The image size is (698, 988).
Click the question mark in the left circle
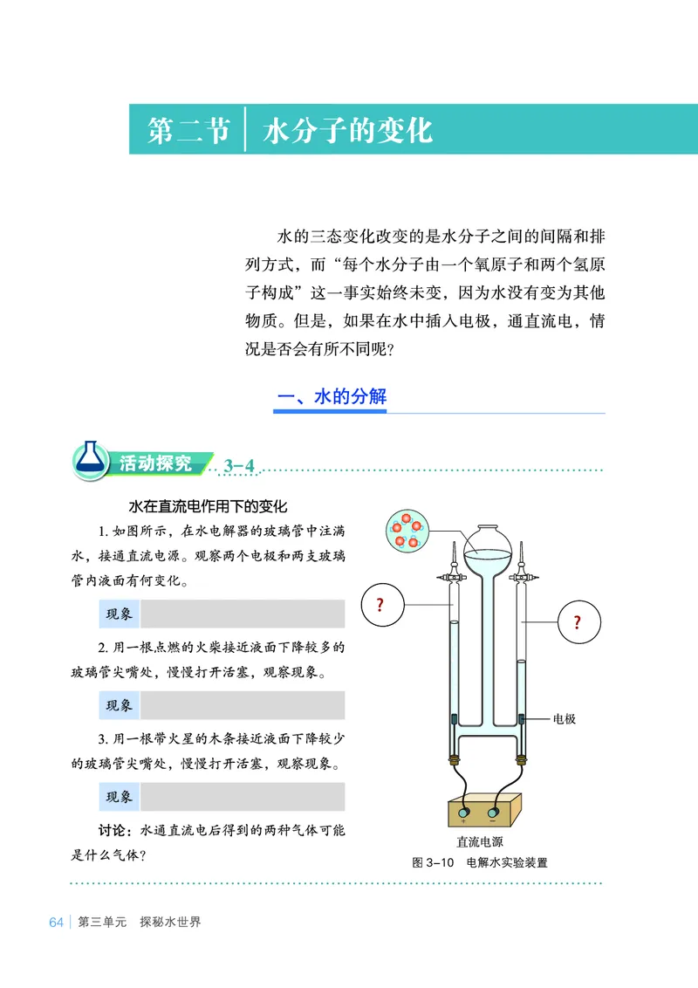coord(380,605)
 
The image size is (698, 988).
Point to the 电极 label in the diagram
coord(565,719)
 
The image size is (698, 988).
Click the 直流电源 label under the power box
coord(479,842)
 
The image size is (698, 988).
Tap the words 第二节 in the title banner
coord(188,130)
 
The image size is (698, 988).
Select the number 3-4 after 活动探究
coord(239,465)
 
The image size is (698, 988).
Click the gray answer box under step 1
coord(242,614)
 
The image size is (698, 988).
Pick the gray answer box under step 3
coord(242,796)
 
